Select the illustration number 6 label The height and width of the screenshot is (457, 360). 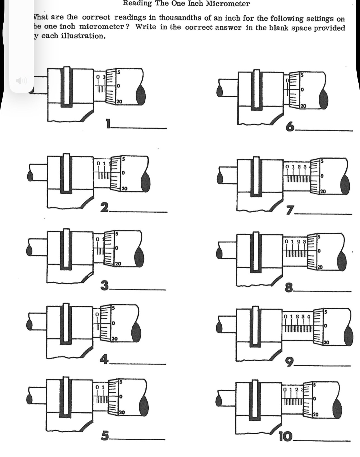click(290, 127)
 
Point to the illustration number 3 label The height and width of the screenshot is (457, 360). click(104, 286)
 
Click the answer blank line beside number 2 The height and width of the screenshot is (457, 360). click(139, 212)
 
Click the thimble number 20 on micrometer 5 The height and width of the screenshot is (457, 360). click(122, 412)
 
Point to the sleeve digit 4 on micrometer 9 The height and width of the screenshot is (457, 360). click(308, 317)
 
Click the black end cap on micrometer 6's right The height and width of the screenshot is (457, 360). click(324, 99)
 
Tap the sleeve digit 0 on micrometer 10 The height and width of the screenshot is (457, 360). click(284, 389)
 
